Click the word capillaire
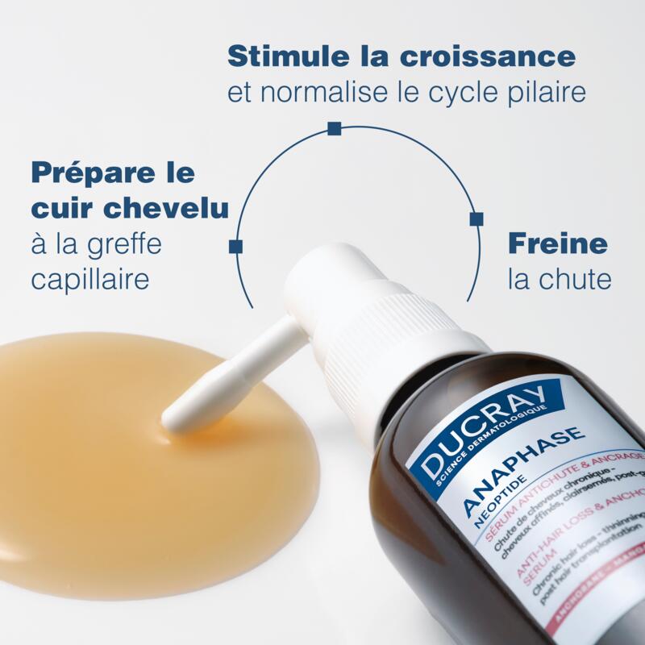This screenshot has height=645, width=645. click(90, 280)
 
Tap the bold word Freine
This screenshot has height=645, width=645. click(557, 243)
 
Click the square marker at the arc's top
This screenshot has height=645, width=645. click(333, 127)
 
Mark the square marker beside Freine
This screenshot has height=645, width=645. click(476, 218)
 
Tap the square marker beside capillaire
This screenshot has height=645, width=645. click(235, 246)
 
